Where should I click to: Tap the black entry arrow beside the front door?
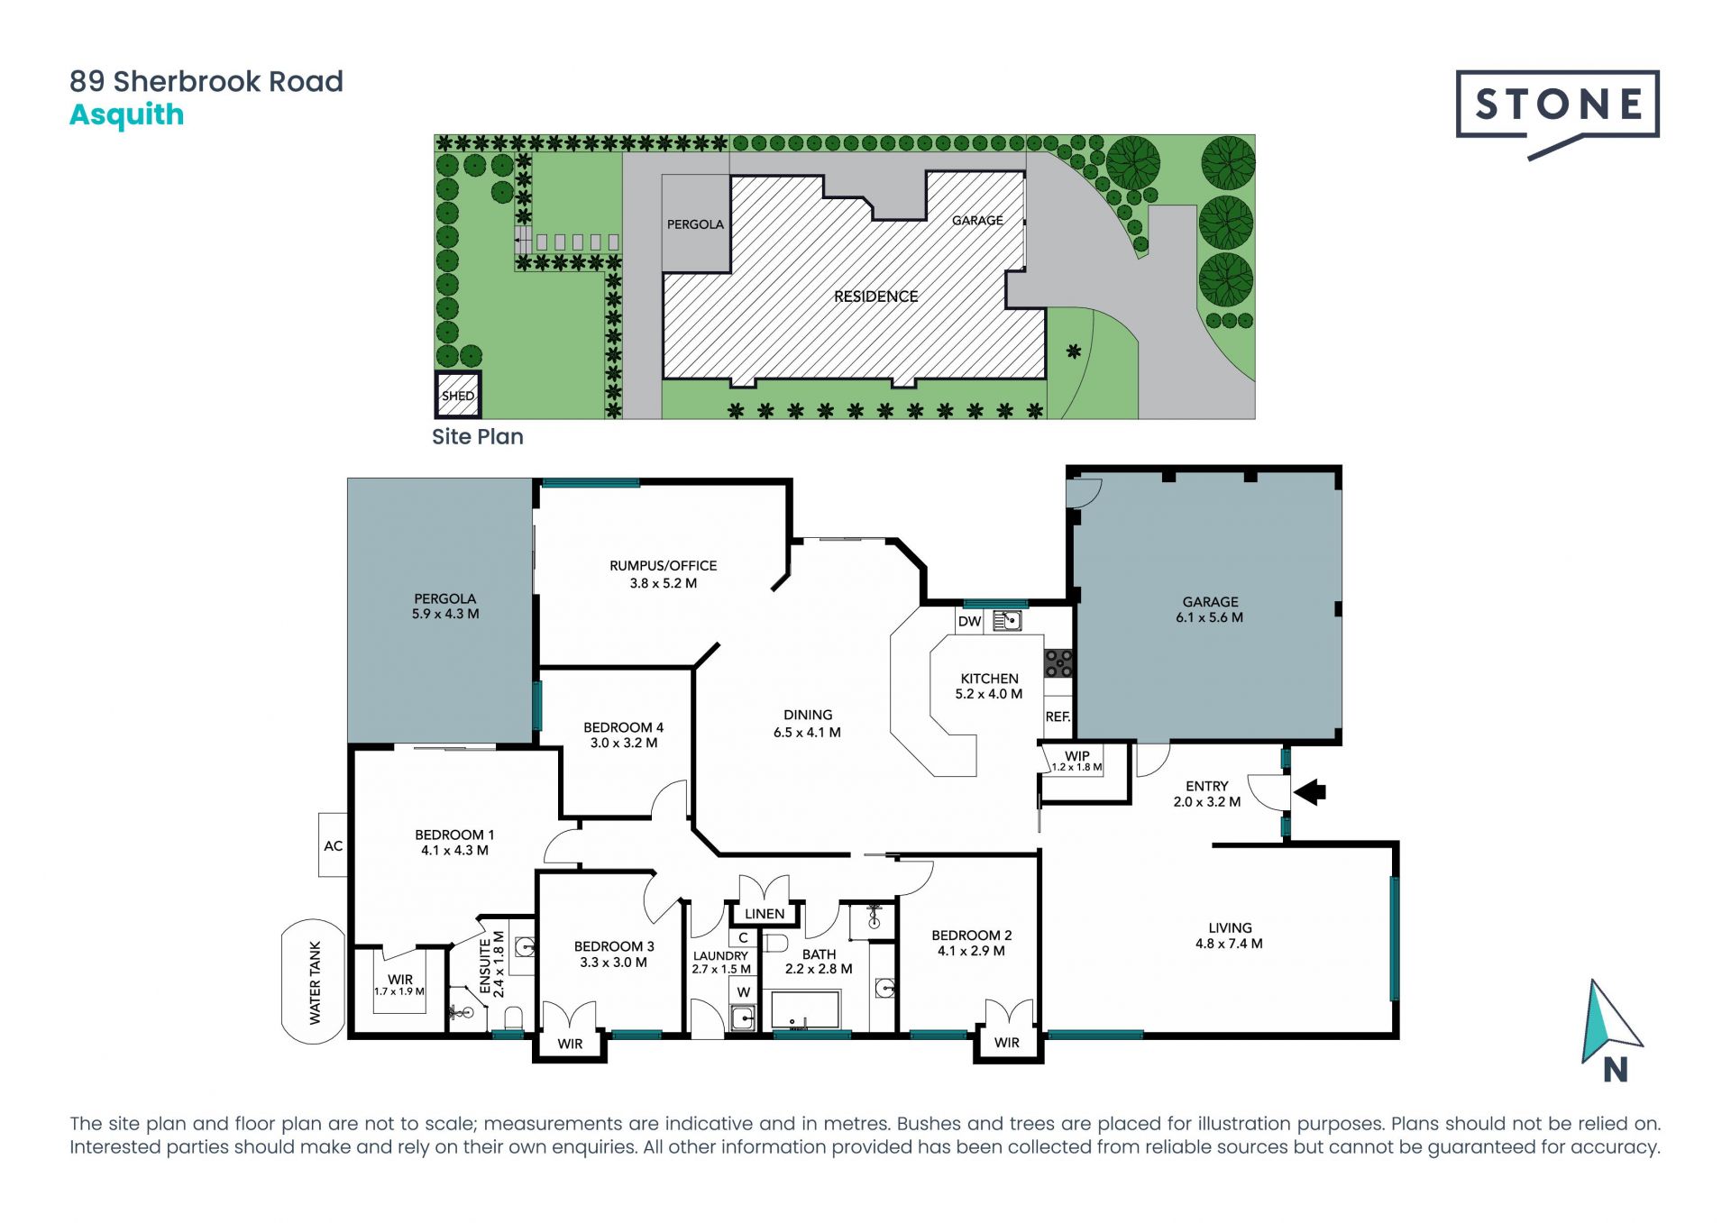pyautogui.click(x=1310, y=792)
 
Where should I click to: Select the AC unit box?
pyautogui.click(x=333, y=844)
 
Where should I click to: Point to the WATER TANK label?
pyautogui.click(x=315, y=982)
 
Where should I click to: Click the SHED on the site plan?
pyautogui.click(x=458, y=395)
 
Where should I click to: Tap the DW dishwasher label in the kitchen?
pyautogui.click(x=969, y=621)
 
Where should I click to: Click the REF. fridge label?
pyautogui.click(x=1058, y=716)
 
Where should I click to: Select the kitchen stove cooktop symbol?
pyautogui.click(x=1058, y=663)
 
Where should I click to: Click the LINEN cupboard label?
pyautogui.click(x=765, y=914)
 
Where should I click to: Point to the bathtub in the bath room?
pyautogui.click(x=805, y=1009)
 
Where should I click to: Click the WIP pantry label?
pyautogui.click(x=1077, y=755)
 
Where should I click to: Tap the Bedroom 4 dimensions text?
pyautogui.click(x=624, y=744)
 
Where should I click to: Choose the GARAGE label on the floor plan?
pyautogui.click(x=1210, y=601)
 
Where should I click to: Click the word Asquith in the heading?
pyautogui.click(x=127, y=115)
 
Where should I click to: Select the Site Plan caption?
pyautogui.click(x=478, y=437)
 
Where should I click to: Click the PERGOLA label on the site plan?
pyautogui.click(x=695, y=224)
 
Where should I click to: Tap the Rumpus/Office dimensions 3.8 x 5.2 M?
pyautogui.click(x=664, y=583)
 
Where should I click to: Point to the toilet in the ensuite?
pyautogui.click(x=513, y=1018)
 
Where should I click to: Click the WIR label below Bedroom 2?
pyautogui.click(x=1007, y=1043)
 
